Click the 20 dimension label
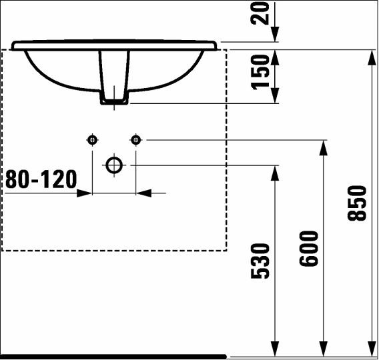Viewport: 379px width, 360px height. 260,13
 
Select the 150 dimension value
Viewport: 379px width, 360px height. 260,72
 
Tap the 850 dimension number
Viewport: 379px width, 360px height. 357,203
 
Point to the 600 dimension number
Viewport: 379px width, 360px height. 309,249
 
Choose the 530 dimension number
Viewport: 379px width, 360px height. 260,261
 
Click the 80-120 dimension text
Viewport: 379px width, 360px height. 41,179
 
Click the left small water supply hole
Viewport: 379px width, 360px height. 92,140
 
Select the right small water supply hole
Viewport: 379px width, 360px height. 135,140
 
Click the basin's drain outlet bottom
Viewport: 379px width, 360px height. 114,103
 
